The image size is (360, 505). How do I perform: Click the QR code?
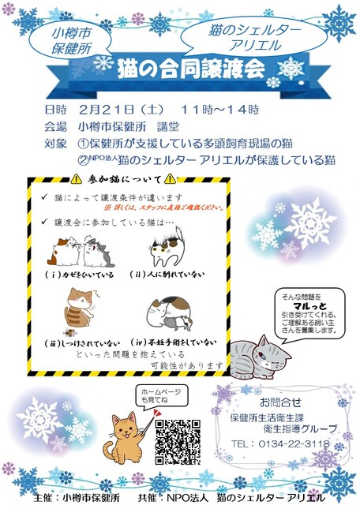pyautogui.click(x=178, y=440)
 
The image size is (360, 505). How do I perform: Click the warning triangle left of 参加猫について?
pyautogui.click(x=77, y=178)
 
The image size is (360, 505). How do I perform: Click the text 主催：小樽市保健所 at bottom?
pyautogui.click(x=79, y=498)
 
